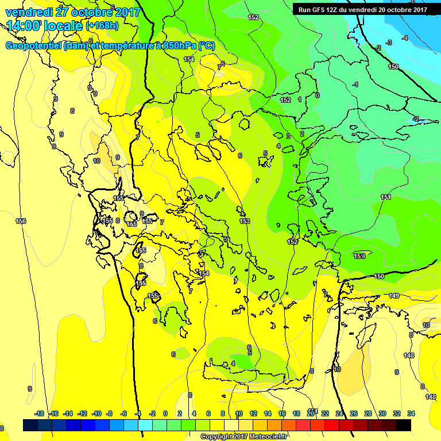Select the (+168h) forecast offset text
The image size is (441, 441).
pos(103,26)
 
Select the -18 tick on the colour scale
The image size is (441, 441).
pos(39,413)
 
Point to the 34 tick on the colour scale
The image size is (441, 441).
pos(411,413)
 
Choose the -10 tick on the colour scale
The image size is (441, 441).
pos(96,413)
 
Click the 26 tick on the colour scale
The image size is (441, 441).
pos(354,413)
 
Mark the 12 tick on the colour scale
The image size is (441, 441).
pos(253,413)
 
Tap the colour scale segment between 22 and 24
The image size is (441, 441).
pos(332,425)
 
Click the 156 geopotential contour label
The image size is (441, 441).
pos(21,221)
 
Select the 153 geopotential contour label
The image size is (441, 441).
pos(245,221)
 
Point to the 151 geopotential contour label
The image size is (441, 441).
pos(386,198)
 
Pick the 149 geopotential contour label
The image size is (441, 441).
pos(394,296)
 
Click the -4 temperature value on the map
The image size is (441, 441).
pos(405,38)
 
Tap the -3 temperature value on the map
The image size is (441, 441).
pos(389,42)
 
